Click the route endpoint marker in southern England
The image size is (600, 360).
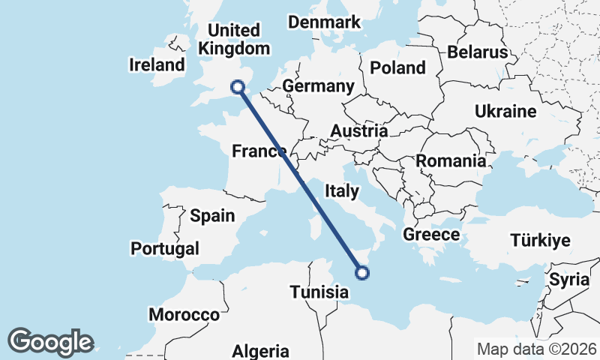click(238, 87)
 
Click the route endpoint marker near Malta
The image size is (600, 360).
click(362, 272)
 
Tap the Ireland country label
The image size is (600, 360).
click(157, 64)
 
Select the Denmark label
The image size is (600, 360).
click(325, 22)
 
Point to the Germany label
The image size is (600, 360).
click(318, 86)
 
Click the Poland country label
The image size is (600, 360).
click(397, 67)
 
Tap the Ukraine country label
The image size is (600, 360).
click(505, 112)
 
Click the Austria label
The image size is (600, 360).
click(359, 131)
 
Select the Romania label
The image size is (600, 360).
click(451, 160)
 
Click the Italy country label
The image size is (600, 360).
click(341, 192)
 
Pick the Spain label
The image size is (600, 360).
click(212, 216)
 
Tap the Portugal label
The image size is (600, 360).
click(165, 248)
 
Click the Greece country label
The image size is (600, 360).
click(431, 235)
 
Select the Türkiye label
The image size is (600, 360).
click(540, 241)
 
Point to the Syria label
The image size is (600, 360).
click(565, 280)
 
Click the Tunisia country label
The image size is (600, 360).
click(319, 292)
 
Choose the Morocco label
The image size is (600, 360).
click(184, 314)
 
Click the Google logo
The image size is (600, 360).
click(50, 342)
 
